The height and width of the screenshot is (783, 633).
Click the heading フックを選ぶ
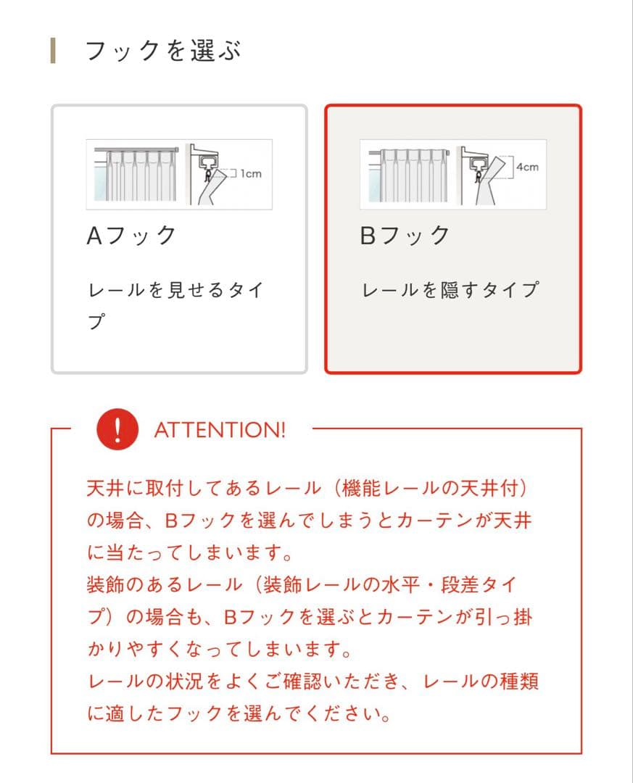[x=163, y=51]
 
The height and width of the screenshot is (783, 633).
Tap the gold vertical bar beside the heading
[x=53, y=51]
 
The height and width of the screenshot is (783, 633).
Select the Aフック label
[x=131, y=236]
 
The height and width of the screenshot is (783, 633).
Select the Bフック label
[x=405, y=236]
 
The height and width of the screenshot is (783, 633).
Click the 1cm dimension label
[x=250, y=174]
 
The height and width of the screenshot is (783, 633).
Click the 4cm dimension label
[x=527, y=167]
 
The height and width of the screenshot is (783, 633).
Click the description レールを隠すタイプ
[x=450, y=290]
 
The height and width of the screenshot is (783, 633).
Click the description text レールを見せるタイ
[x=175, y=290]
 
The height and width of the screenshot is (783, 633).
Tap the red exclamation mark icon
[x=117, y=429]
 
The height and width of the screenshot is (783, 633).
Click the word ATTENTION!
[x=220, y=430]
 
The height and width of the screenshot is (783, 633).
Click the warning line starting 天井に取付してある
[x=307, y=488]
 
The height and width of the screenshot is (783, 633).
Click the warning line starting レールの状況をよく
[x=313, y=682]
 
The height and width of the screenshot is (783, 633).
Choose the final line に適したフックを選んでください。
[x=239, y=715]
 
